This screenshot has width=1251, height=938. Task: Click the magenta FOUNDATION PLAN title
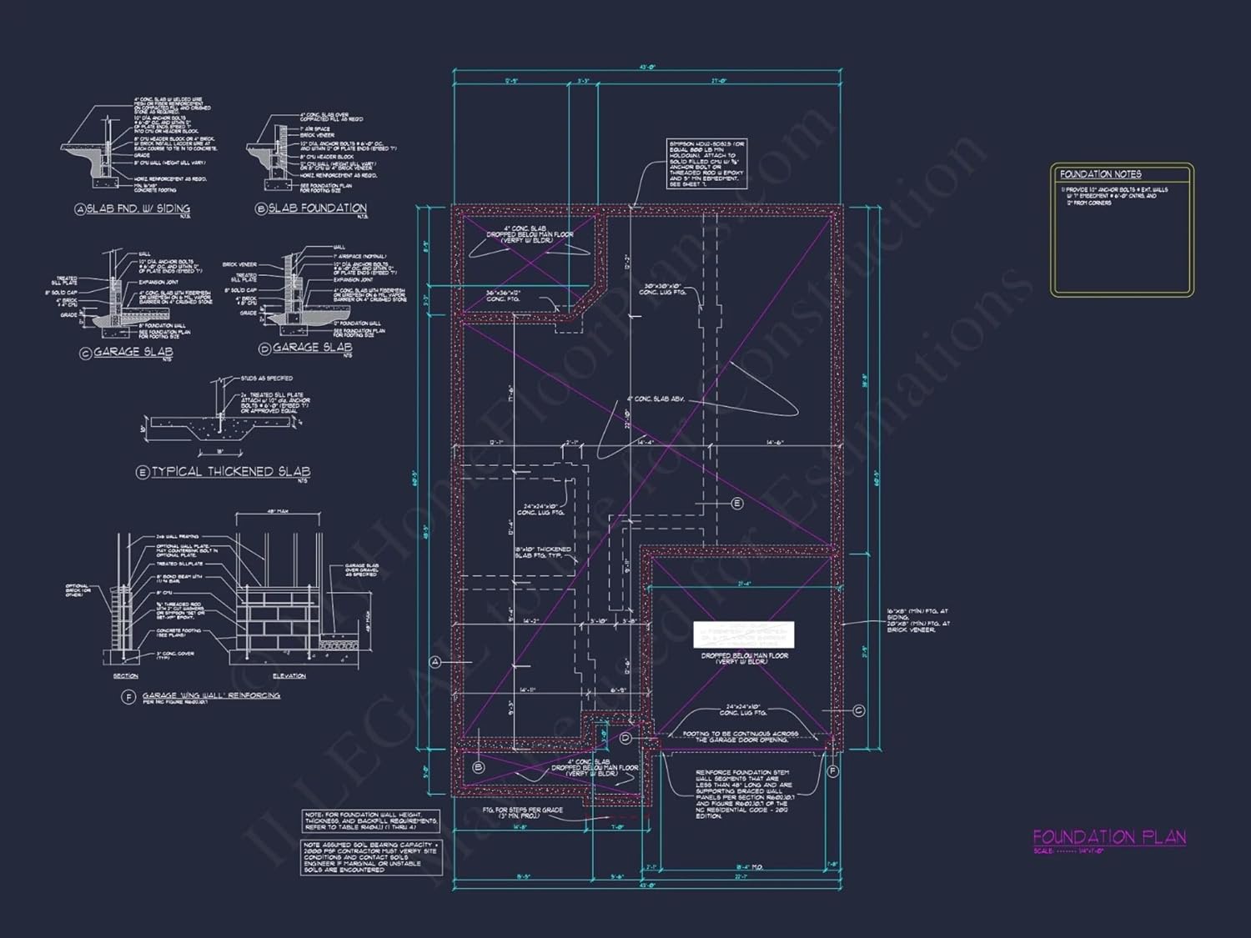click(x=1109, y=837)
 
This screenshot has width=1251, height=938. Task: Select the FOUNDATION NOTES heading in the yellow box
click(x=1101, y=174)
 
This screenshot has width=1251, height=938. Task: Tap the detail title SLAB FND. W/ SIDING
click(x=138, y=208)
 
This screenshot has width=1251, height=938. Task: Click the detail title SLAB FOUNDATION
click(x=317, y=208)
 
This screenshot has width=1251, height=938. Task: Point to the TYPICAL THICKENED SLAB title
click(x=230, y=472)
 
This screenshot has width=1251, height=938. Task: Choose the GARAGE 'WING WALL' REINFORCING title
click(x=211, y=695)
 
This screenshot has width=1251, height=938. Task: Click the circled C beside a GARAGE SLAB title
click(x=85, y=353)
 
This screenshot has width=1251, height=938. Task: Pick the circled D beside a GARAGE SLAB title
click(x=264, y=349)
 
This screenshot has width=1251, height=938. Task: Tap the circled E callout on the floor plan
click(x=736, y=503)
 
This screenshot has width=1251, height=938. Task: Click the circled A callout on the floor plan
click(x=435, y=662)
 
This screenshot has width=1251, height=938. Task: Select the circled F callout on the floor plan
click(x=832, y=772)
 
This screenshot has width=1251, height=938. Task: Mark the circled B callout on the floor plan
click(x=479, y=767)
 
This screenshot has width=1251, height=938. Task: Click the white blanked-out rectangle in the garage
click(x=744, y=635)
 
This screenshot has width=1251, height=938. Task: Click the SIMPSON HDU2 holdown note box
click(x=706, y=163)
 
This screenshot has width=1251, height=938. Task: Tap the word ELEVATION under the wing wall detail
click(x=289, y=676)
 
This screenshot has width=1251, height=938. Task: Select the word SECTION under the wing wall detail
click(x=126, y=676)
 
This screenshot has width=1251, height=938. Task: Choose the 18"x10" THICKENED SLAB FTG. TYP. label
click(x=543, y=553)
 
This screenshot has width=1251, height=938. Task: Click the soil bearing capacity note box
click(x=371, y=857)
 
